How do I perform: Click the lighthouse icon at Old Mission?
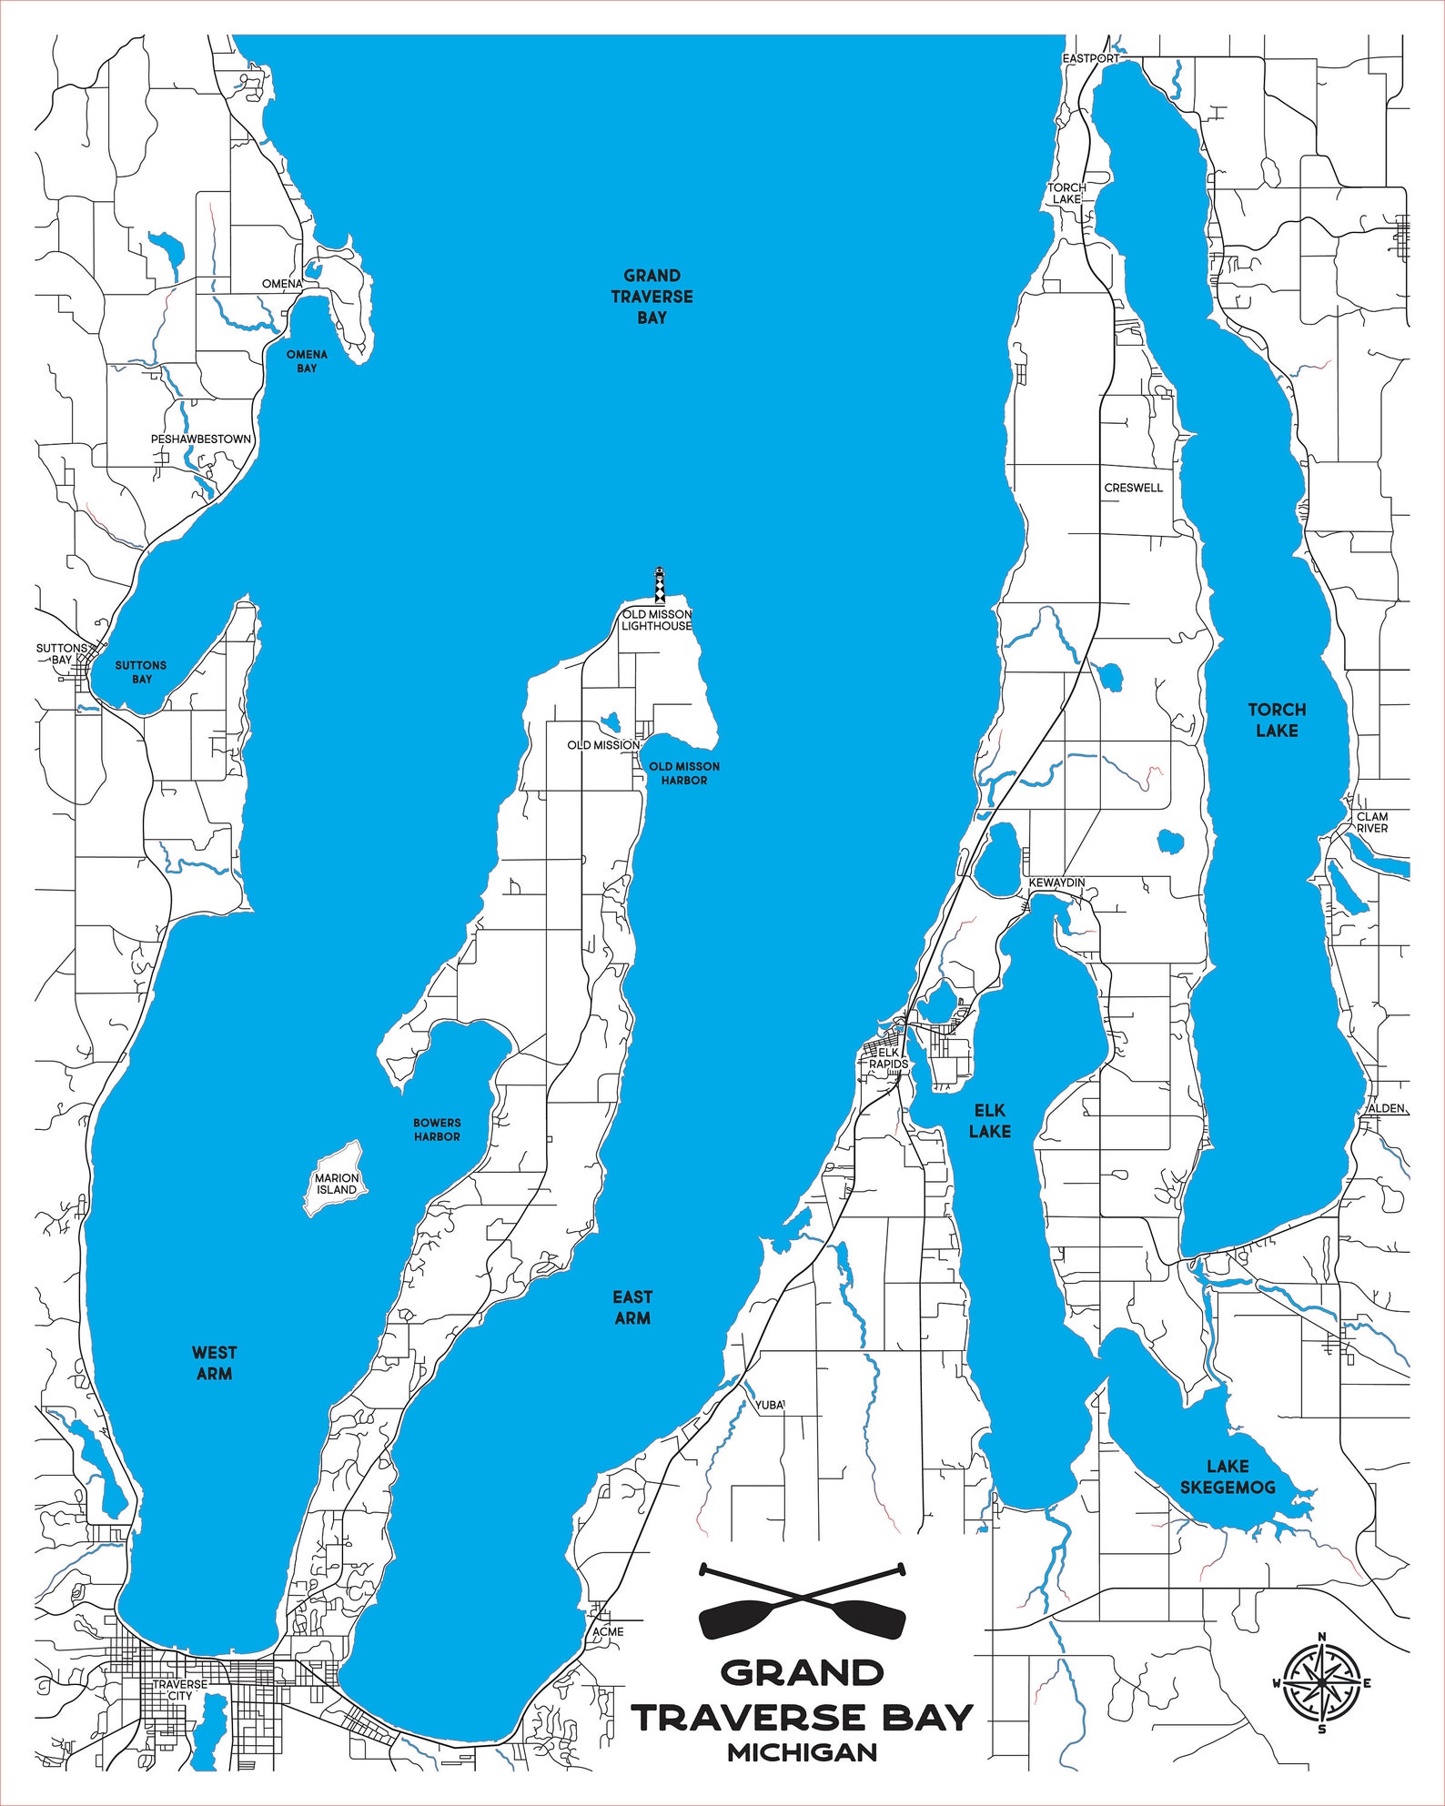coord(661,585)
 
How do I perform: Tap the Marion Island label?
coord(337,1184)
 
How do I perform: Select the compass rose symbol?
coord(1322,1682)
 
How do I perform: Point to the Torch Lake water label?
coord(1277,720)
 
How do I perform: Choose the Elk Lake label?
coord(989,1120)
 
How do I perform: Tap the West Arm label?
coord(215,1363)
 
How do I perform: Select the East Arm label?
coord(632,1307)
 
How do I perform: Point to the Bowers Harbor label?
coord(437,1129)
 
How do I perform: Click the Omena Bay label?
coord(307,361)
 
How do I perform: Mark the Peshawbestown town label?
coord(201,439)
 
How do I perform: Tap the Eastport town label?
coord(1090,58)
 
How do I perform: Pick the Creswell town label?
coord(1134,488)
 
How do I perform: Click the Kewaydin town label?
coord(1056,883)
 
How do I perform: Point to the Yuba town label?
coord(769,1405)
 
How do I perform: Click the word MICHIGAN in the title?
coord(802,1752)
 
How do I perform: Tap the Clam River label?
coord(1372,822)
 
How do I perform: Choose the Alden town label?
coord(1386,1108)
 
